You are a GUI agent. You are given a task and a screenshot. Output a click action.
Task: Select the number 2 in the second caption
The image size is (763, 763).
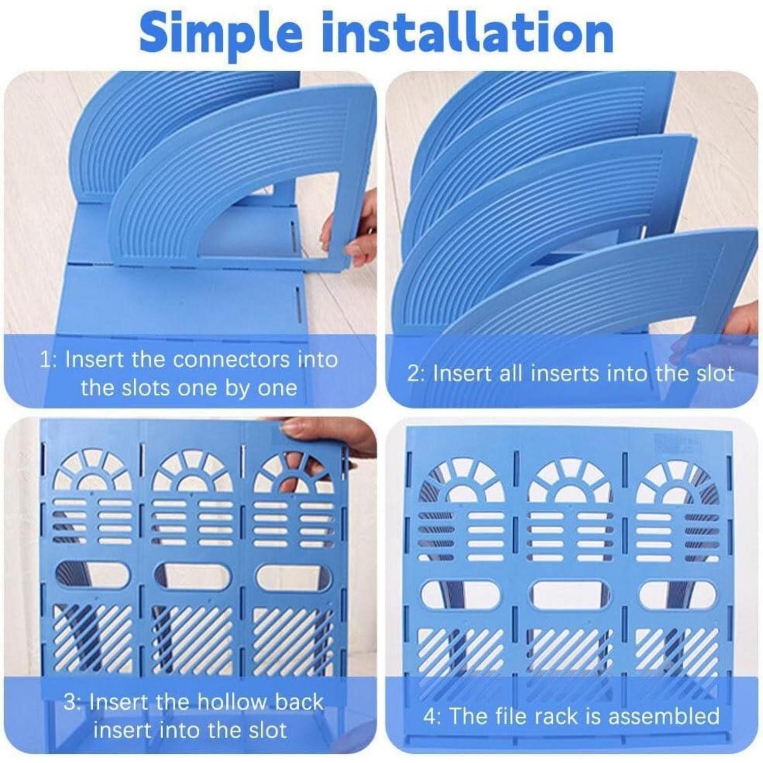coord(413,374)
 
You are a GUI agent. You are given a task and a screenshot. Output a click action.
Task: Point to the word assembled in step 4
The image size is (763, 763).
coord(664,716)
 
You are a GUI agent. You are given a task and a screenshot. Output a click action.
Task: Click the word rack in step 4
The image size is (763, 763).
coord(554,716)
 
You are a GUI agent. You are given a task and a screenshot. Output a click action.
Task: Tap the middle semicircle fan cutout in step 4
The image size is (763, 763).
coord(569,481)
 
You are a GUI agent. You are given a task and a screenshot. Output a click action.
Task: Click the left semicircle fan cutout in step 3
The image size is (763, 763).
coord(93,468)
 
